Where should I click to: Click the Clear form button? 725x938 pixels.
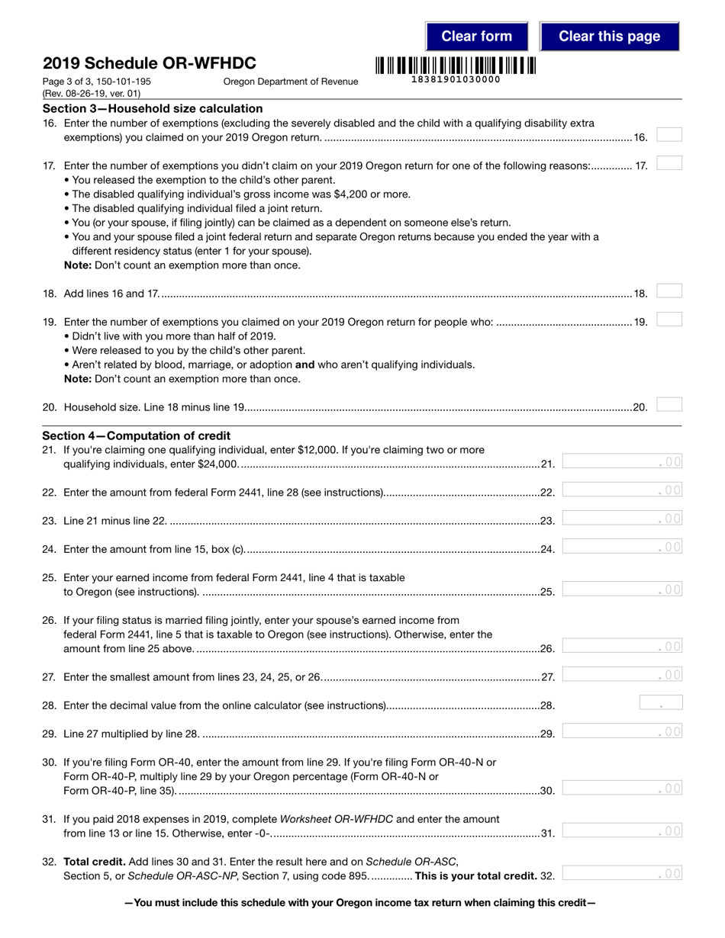476,36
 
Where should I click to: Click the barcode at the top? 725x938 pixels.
455,65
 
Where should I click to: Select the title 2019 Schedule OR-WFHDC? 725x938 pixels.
150,63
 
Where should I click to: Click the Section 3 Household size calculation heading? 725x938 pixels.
153,108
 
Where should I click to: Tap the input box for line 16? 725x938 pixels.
669,135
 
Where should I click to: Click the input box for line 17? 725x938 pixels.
669,163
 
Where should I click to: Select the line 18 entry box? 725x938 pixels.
669,291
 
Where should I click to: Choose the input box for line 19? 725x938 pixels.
669,320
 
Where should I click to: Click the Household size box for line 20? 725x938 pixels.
669,405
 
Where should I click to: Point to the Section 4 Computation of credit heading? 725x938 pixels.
137,435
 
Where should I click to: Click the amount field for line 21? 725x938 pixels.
622,461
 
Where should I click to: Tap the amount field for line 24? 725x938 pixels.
622,547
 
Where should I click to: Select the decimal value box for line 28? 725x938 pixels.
661,703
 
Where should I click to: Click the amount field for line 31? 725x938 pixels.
622,831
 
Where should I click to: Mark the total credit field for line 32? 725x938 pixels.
622,874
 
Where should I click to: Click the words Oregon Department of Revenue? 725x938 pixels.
290,82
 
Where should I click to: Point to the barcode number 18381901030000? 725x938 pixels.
456,79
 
